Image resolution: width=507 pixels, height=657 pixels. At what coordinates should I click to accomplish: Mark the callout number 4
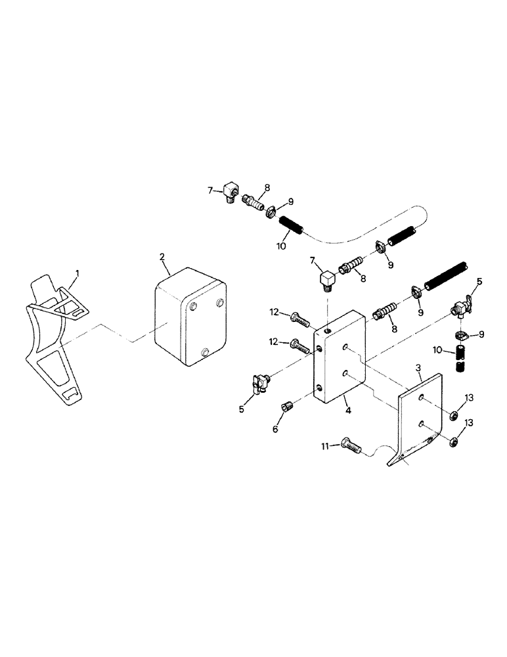pyautogui.click(x=348, y=409)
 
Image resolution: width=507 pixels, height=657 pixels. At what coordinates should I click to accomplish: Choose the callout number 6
pyautogui.click(x=275, y=428)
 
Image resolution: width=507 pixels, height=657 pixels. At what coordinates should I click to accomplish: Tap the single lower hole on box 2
pyautogui.click(x=205, y=353)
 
